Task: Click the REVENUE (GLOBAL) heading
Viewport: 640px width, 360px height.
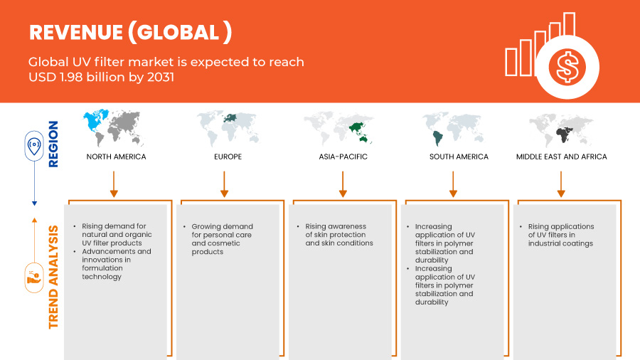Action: point(131,32)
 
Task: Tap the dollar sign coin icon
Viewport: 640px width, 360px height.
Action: point(567,67)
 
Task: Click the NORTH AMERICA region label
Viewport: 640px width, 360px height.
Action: point(117,157)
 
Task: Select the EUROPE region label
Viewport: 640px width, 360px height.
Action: point(228,157)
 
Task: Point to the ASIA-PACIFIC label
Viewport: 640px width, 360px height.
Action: point(343,157)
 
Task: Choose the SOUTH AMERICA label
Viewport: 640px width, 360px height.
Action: point(459,157)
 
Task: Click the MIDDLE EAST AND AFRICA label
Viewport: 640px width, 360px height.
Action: point(562,157)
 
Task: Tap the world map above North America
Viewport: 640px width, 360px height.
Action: point(114,128)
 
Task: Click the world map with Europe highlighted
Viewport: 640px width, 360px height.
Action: point(228,128)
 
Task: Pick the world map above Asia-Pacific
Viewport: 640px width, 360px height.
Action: point(338,128)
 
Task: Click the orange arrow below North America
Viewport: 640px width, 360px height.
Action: point(114,184)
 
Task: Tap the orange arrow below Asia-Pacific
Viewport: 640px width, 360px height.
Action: point(343,184)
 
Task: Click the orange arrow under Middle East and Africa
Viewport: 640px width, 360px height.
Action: point(561,184)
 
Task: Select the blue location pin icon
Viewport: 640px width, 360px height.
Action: point(34,146)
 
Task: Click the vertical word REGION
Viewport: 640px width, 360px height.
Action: point(53,144)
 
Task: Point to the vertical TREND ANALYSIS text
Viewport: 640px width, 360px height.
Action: point(53,277)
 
